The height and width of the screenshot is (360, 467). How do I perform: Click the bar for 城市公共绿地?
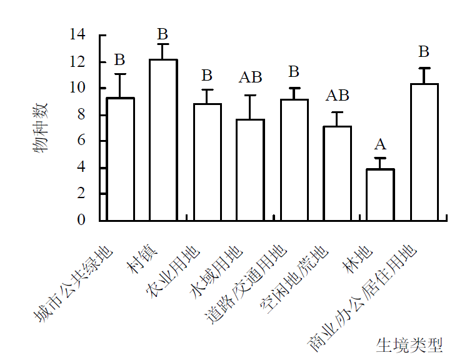point(120,159)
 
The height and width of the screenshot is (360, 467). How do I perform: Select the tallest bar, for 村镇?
point(163,140)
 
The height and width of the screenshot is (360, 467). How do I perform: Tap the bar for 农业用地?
point(207,162)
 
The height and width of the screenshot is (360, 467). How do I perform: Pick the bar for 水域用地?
point(250,170)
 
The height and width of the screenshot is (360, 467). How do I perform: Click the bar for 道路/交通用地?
point(294,160)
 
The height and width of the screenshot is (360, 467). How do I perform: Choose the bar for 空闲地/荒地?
point(337,173)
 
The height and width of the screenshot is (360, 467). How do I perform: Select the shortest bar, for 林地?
point(380,194)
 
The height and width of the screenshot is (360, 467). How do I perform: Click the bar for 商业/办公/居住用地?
point(424,152)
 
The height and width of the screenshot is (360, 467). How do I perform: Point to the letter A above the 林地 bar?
point(380,145)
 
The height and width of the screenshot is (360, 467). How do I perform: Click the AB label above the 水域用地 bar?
point(250,78)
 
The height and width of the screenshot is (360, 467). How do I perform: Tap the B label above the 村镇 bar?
point(163,34)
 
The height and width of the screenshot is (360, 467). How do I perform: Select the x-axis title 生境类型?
point(409,344)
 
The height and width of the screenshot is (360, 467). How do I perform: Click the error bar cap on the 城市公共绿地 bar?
point(120,74)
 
